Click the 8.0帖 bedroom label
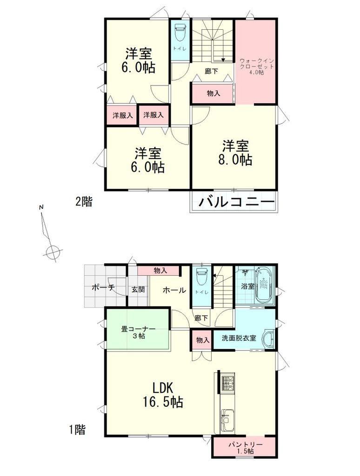pos(235,152)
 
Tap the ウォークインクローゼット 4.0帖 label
pos(256,66)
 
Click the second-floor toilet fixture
pos(180,33)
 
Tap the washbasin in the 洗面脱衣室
pos(268,338)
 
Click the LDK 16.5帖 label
pos(163,395)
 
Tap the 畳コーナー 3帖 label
pos(138,332)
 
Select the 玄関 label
pos(138,289)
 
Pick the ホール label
pos(174,290)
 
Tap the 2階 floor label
pos(84,202)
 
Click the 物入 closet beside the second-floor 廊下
pos(213,93)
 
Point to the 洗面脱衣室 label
pos(239,337)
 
